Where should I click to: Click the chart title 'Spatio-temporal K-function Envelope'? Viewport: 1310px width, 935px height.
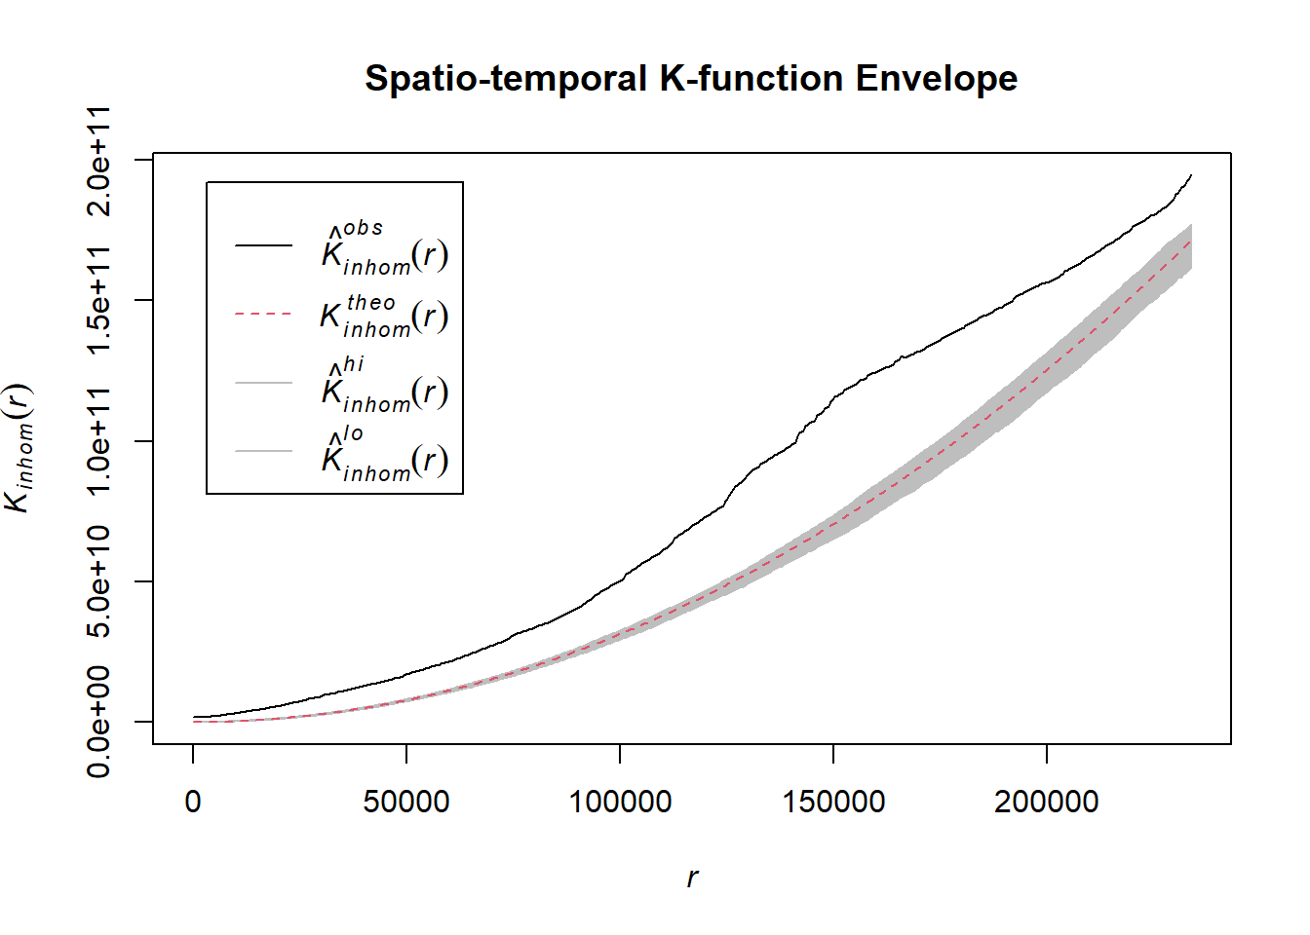click(x=690, y=78)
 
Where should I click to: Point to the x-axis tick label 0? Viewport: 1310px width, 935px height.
click(x=193, y=802)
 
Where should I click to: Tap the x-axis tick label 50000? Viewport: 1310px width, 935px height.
click(x=406, y=802)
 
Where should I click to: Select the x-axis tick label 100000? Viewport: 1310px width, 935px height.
click(x=620, y=802)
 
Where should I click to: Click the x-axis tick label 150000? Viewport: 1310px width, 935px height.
click(x=833, y=802)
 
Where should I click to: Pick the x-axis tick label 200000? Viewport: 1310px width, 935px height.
click(x=1046, y=802)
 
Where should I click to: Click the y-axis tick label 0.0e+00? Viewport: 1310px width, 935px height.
click(x=99, y=722)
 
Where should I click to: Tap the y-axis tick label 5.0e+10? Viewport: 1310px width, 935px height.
click(x=99, y=581)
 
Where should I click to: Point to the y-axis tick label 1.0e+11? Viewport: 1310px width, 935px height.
click(x=99, y=441)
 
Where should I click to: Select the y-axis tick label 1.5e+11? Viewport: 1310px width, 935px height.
click(x=99, y=300)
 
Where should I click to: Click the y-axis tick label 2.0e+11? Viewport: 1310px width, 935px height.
click(x=99, y=160)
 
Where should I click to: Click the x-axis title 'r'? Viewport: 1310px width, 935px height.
click(x=692, y=878)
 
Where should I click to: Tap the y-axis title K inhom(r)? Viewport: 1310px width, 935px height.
click(x=19, y=448)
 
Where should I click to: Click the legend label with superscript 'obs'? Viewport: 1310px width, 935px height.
click(x=385, y=247)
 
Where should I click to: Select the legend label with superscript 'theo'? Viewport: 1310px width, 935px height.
click(x=385, y=316)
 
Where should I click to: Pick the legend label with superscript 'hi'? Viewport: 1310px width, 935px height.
click(x=385, y=385)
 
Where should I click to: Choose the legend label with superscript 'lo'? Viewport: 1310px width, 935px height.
click(x=385, y=454)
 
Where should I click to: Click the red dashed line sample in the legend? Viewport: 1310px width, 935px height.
click(x=263, y=315)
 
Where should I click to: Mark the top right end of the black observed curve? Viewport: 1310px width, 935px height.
click(x=1191, y=175)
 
